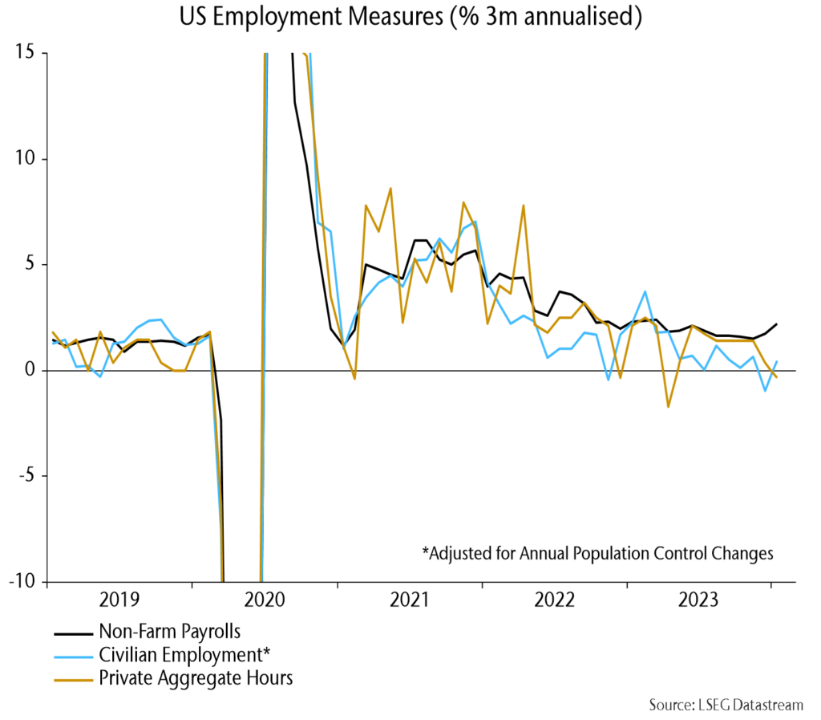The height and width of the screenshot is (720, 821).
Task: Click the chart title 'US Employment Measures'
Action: [x=410, y=17]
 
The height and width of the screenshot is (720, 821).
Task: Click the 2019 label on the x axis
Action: [x=120, y=600]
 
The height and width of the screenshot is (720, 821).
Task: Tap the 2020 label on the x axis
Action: [x=265, y=600]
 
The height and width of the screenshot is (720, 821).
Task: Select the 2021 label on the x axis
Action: [x=410, y=600]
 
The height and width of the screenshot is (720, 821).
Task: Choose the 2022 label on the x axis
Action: [x=555, y=600]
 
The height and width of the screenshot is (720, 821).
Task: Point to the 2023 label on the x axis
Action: [x=699, y=600]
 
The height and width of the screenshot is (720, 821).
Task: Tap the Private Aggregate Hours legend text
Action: [x=196, y=678]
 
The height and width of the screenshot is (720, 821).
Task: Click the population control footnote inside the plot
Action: [x=597, y=553]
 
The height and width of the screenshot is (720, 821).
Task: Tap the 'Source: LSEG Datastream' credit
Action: [x=725, y=705]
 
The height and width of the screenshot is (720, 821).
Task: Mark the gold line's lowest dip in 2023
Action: [x=668, y=406]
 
